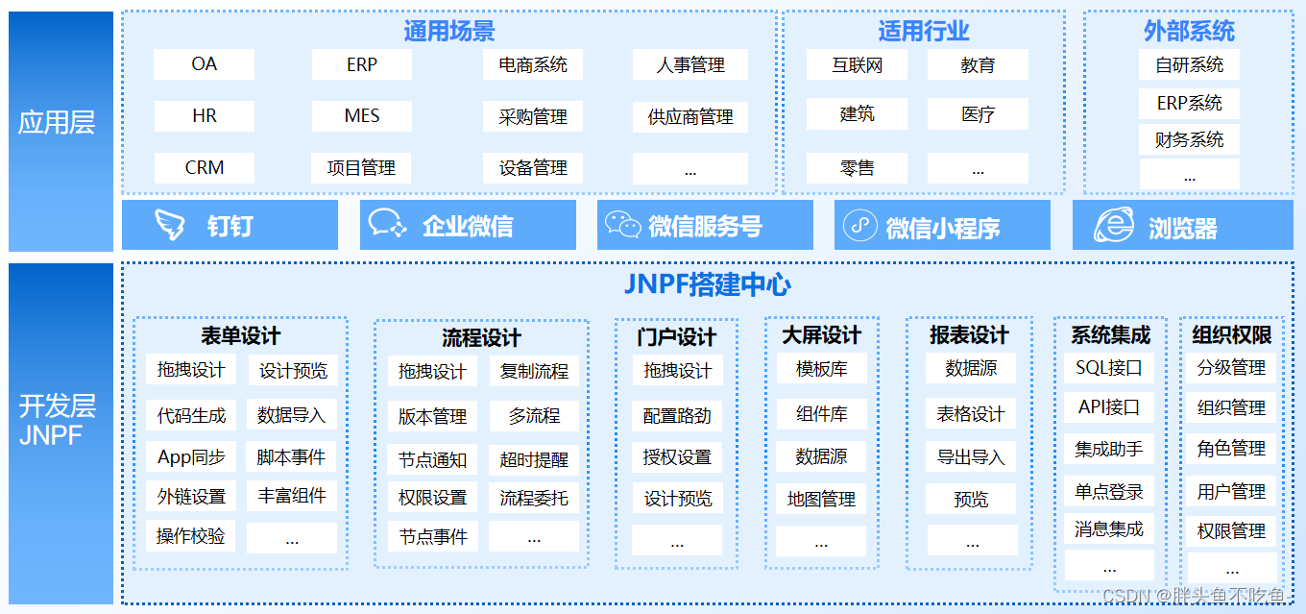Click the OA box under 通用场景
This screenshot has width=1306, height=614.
click(x=204, y=64)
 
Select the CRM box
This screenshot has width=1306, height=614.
click(x=204, y=168)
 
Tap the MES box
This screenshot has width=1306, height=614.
click(x=362, y=116)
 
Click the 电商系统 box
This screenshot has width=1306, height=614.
click(x=533, y=64)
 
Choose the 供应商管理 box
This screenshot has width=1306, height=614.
click(x=690, y=117)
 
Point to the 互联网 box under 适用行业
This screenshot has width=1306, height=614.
click(x=857, y=64)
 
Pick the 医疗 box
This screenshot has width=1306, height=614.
click(x=978, y=114)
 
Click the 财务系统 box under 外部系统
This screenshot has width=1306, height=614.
click(x=1189, y=140)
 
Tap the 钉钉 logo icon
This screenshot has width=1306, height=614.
click(x=170, y=225)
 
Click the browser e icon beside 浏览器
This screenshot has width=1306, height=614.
click(x=1114, y=225)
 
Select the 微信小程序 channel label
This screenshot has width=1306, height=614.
click(x=942, y=228)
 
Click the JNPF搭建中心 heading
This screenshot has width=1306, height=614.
click(x=708, y=284)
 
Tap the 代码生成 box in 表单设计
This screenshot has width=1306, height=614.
click(x=191, y=416)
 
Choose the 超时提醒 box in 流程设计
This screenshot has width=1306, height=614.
click(x=534, y=460)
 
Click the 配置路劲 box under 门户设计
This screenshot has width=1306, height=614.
click(x=677, y=416)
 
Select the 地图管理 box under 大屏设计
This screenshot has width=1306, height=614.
click(x=821, y=499)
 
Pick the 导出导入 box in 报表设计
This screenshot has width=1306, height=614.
click(x=970, y=456)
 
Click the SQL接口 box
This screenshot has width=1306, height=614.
click(x=1109, y=367)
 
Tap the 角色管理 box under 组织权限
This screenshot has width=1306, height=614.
click(x=1231, y=449)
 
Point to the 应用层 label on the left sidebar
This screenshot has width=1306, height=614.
click(x=57, y=123)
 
